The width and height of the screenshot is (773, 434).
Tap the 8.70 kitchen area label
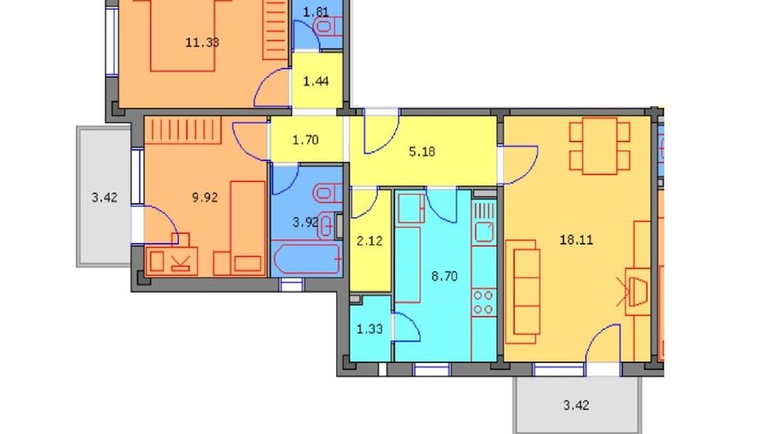tap(445, 277)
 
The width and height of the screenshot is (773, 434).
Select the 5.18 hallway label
tap(422, 152)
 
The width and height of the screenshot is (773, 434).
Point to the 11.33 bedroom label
tap(202, 43)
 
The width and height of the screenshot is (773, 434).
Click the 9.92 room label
tap(206, 197)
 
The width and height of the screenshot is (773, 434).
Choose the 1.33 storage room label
tap(369, 329)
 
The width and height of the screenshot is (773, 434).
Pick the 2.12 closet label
tap(368, 240)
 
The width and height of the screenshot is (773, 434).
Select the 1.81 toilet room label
tap(316, 12)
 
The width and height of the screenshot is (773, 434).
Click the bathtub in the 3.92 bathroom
tap(306, 259)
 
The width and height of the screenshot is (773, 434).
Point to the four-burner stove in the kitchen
tap(483, 301)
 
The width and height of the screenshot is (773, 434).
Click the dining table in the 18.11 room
tap(599, 146)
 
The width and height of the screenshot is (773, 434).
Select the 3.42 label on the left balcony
tap(104, 197)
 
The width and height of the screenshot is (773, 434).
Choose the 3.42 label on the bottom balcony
tap(577, 405)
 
